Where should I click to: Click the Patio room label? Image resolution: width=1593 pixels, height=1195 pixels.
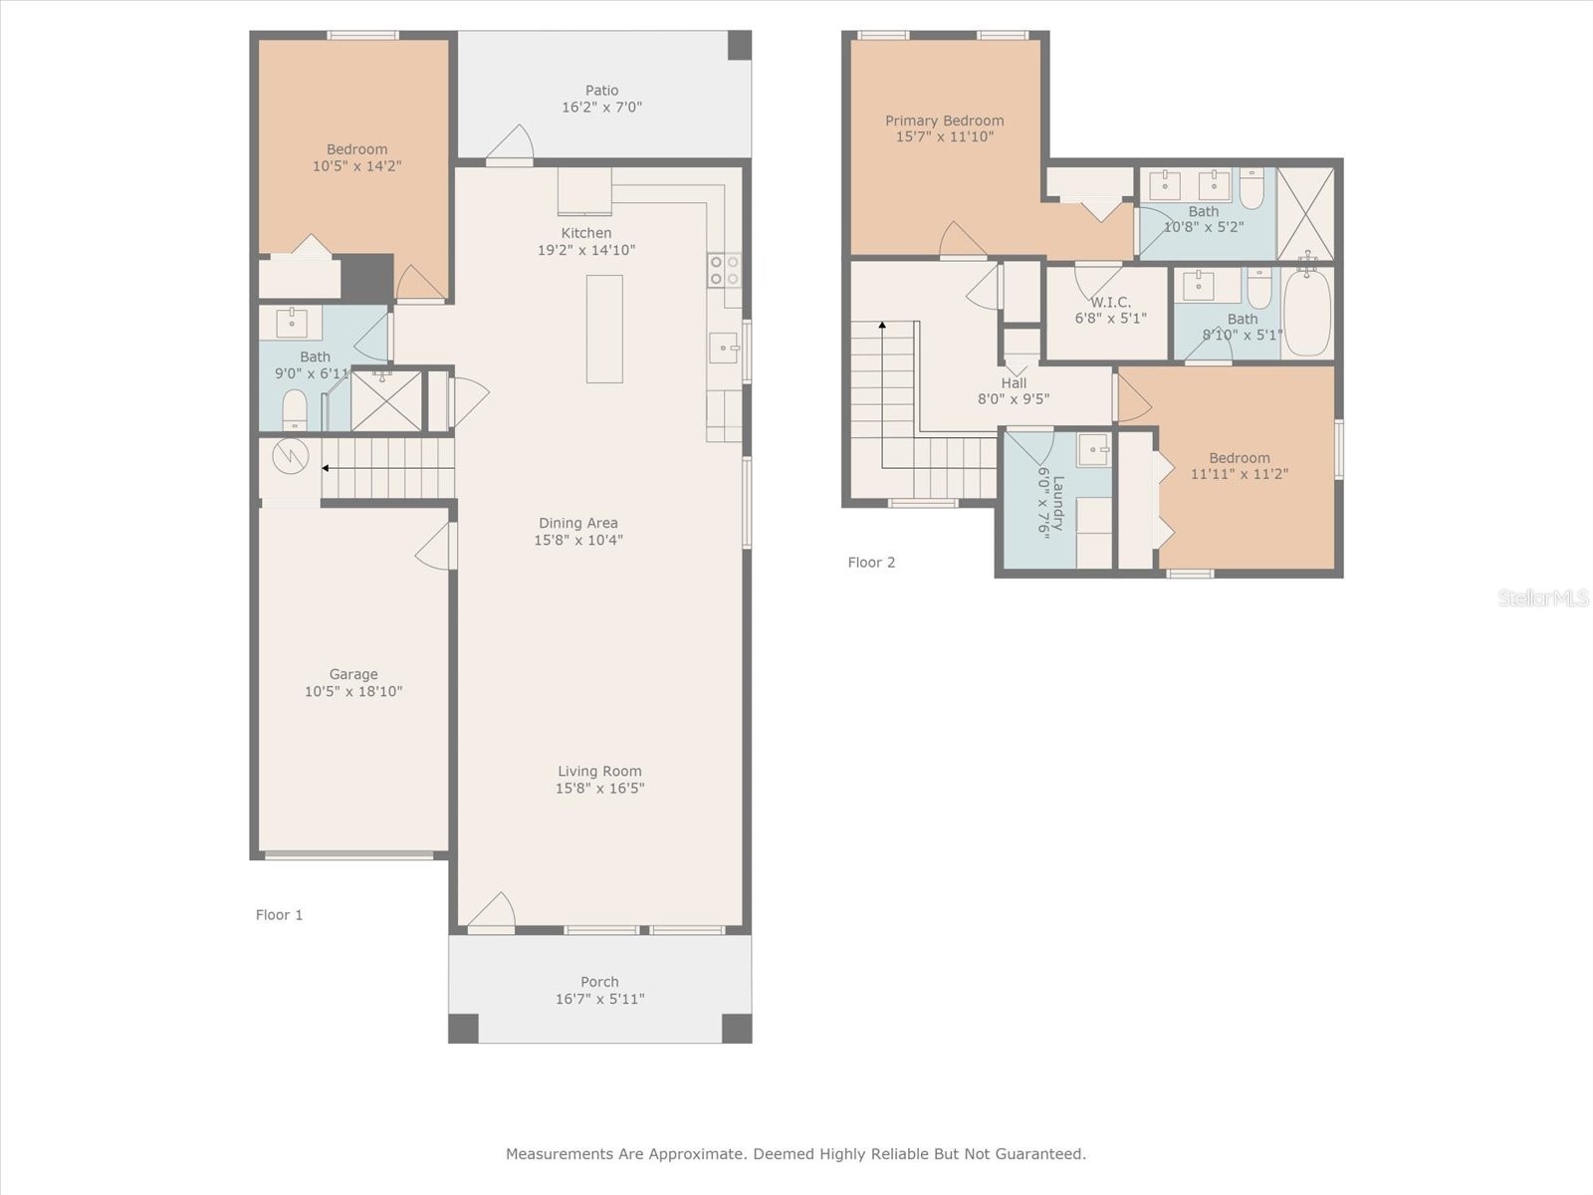pos(601,91)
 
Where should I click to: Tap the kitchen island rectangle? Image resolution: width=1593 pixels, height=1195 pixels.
pos(604,329)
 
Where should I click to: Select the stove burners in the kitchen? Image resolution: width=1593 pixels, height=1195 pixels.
pos(724,270)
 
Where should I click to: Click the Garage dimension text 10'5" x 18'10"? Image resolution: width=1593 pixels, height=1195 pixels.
pos(353,691)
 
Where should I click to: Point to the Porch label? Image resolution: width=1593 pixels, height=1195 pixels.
pos(599,982)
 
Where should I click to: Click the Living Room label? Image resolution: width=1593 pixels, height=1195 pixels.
pos(599,771)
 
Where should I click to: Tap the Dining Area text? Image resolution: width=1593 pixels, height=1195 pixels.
pos(578,523)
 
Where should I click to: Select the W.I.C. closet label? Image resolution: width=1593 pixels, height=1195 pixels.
pos(1110,302)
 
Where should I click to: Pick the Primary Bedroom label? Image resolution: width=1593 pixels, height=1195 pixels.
pos(944,120)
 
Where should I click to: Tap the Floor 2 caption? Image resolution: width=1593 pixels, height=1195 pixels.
pos(871,563)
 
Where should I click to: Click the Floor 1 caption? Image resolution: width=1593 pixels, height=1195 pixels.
pos(279,915)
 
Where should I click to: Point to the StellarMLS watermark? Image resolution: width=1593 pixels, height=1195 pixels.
pos(1542,597)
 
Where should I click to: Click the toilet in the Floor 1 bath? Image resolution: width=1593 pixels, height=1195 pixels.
pos(295,409)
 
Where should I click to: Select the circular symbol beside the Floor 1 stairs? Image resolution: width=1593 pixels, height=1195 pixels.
pos(291,456)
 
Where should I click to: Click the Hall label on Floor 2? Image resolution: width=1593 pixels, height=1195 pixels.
pos(1014,382)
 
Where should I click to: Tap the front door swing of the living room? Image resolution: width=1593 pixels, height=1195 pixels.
pos(492,911)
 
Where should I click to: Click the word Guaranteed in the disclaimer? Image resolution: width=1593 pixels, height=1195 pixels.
pos(1039,1154)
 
